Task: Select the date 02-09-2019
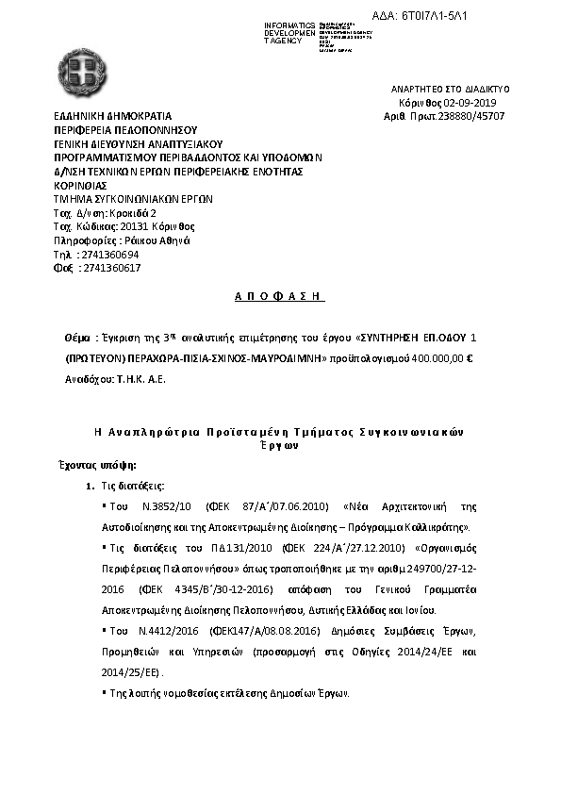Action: (x=476, y=102)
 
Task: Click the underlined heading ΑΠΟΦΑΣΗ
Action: (x=279, y=296)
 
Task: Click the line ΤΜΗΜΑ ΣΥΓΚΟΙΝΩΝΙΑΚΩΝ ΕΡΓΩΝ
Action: (x=133, y=200)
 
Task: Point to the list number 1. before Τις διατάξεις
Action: (x=90, y=486)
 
